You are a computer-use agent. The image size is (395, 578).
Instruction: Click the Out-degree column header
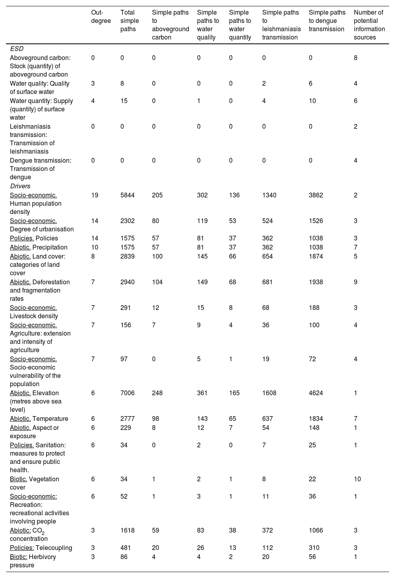click(x=101, y=17)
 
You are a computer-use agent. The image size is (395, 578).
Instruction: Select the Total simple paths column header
click(x=128, y=21)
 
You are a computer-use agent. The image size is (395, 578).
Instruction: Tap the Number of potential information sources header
click(x=369, y=25)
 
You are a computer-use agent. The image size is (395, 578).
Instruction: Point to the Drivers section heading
click(x=20, y=186)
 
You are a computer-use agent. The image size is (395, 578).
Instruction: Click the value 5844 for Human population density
click(x=128, y=195)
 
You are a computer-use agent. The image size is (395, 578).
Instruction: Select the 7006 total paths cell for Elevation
click(x=128, y=393)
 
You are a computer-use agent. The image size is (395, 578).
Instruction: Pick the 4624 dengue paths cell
click(x=317, y=393)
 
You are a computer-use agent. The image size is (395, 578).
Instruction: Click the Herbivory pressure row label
click(x=33, y=561)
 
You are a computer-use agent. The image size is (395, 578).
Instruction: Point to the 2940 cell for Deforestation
click(x=128, y=282)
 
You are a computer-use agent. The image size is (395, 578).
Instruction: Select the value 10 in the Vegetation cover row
click(x=357, y=479)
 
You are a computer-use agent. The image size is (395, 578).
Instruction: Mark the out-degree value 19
click(x=94, y=195)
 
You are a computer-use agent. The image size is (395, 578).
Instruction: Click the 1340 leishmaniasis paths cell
click(x=270, y=195)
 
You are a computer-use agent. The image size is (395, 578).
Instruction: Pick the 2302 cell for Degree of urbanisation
click(x=128, y=221)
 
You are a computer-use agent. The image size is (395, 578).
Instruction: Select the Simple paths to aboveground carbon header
click(x=170, y=25)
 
